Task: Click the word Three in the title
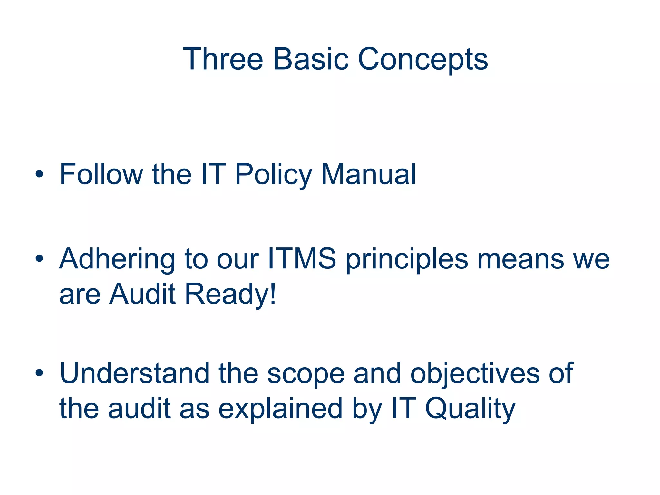(223, 59)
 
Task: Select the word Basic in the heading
(311, 59)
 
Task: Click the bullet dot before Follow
(39, 175)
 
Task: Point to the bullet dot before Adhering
(39, 258)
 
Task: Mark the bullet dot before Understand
(39, 373)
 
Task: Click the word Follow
(101, 174)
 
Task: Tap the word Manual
(369, 174)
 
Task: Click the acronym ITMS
(302, 258)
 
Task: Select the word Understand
(134, 373)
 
